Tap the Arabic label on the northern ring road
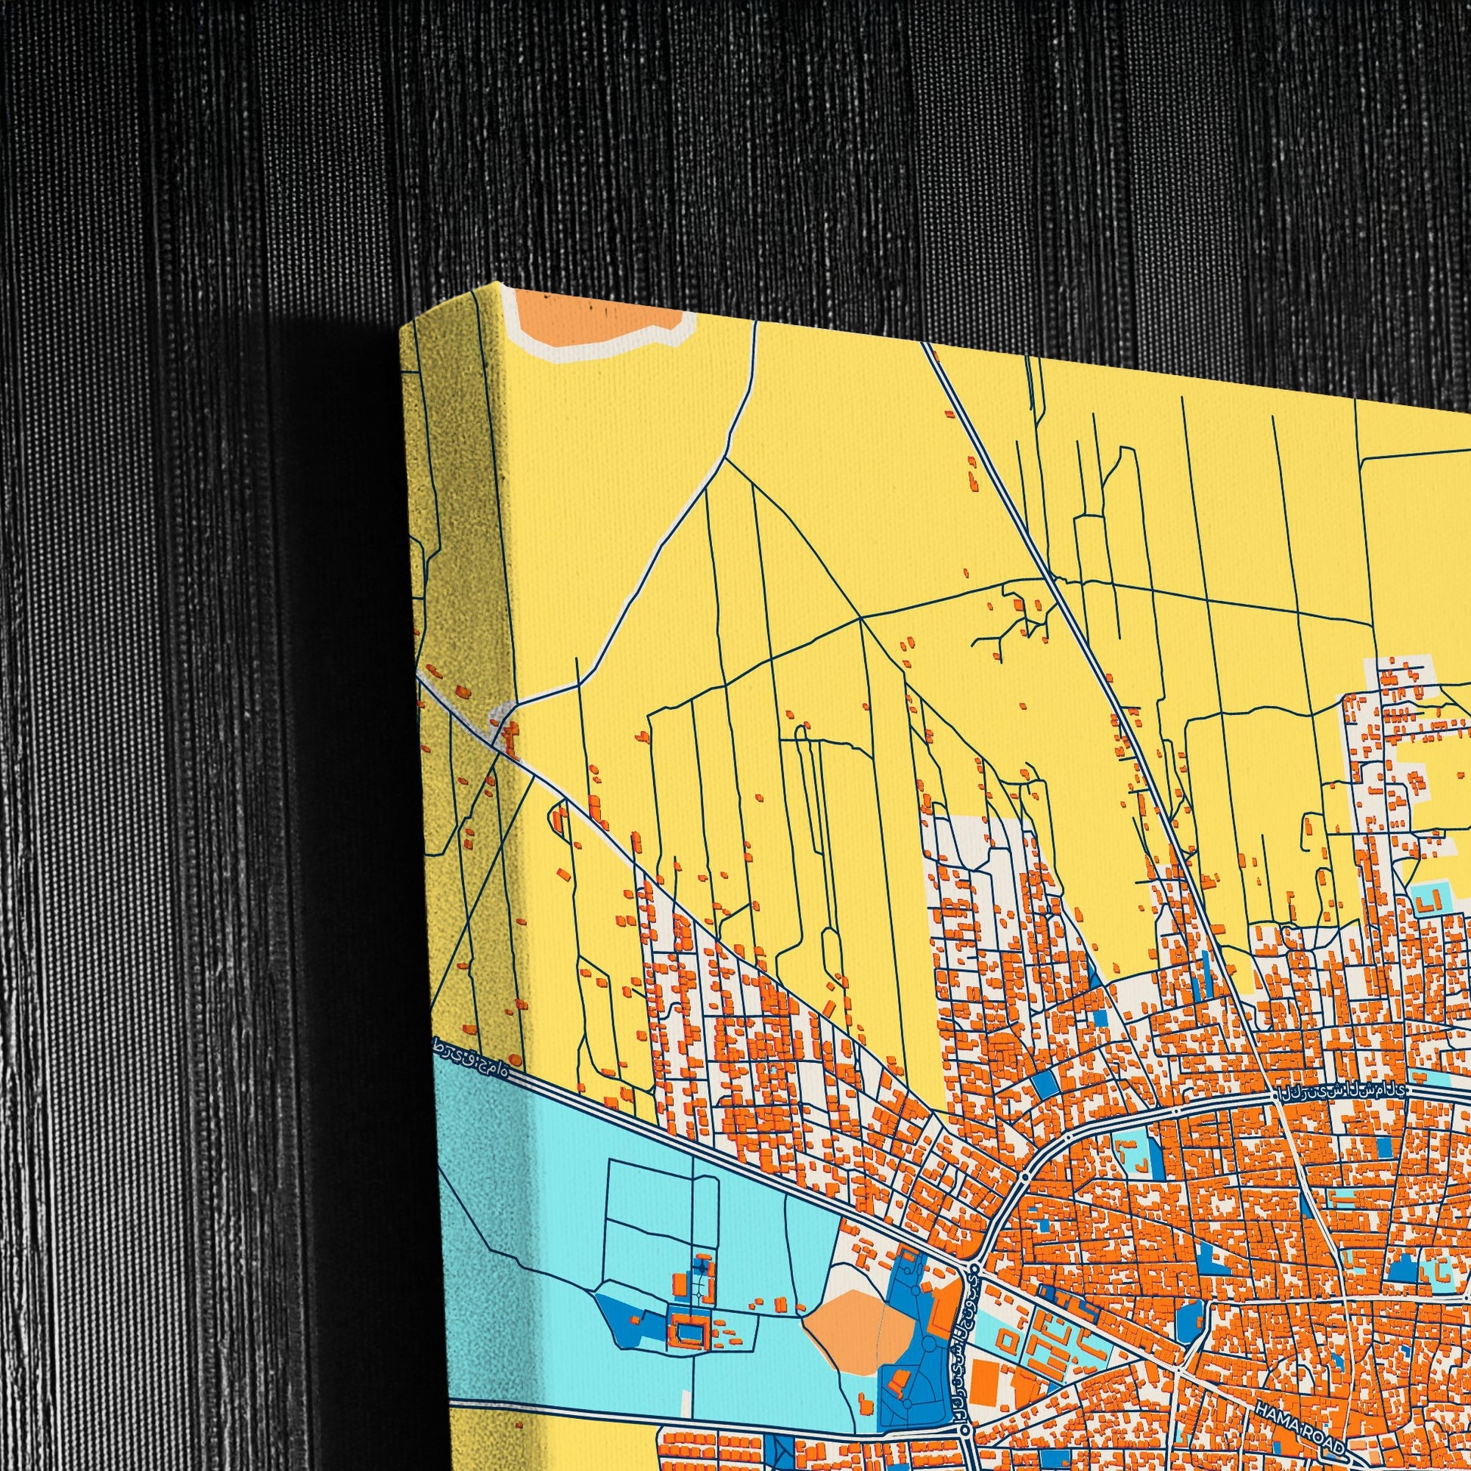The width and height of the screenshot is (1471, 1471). click(x=1343, y=1091)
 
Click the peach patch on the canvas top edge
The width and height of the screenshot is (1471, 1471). click(x=602, y=320)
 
